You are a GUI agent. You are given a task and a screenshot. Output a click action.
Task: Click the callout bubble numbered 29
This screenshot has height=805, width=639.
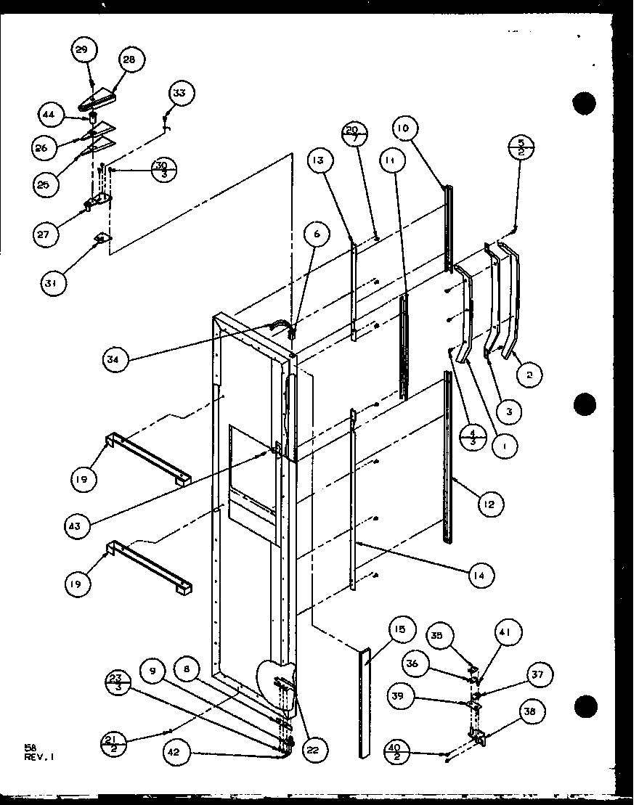(x=83, y=50)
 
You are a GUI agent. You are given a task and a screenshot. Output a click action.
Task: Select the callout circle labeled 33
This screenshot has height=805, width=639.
(x=179, y=94)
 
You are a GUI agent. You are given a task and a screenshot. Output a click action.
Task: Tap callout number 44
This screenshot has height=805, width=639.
(x=49, y=115)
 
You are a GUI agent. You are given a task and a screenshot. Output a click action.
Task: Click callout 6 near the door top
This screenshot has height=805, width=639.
(x=317, y=234)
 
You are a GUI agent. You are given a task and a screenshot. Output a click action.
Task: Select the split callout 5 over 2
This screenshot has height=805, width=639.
(x=522, y=148)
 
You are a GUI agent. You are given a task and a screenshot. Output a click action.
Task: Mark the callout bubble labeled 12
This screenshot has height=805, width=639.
(x=491, y=503)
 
